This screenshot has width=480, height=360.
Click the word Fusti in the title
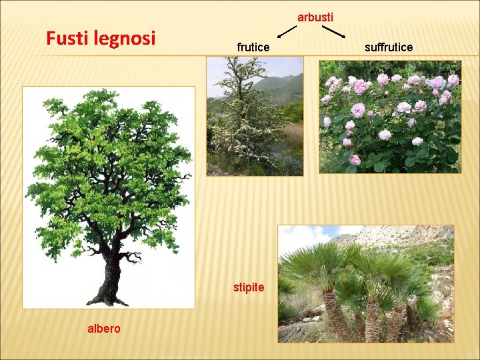65,38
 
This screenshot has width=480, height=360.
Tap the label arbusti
315,17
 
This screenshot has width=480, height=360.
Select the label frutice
253,47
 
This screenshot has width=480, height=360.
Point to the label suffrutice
389,47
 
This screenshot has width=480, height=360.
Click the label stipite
249,288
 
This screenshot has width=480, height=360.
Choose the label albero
104,328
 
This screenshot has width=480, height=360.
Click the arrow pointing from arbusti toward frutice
287,31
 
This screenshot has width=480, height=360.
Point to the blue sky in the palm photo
307,237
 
